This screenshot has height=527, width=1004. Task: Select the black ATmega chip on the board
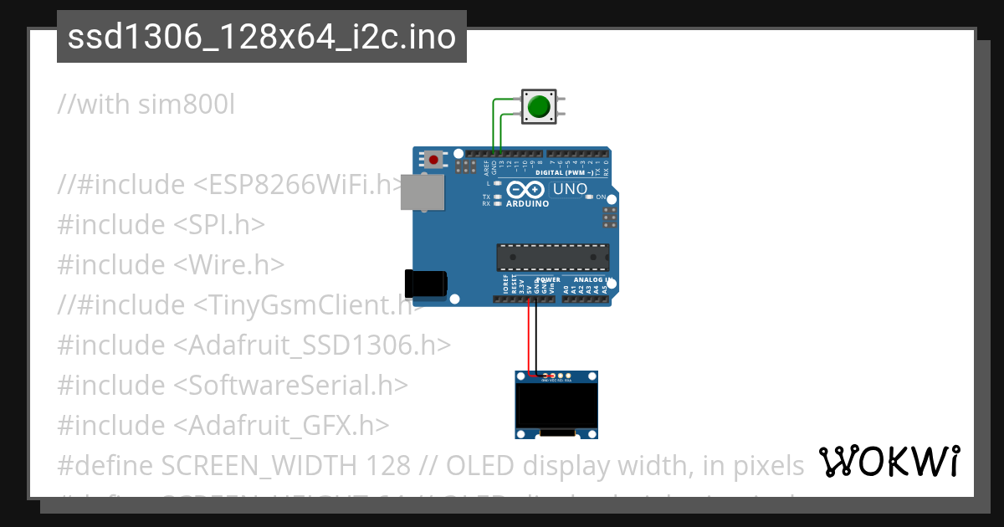tap(552, 258)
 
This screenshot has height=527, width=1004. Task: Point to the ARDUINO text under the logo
tap(527, 203)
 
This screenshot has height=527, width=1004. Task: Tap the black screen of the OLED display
tap(556, 405)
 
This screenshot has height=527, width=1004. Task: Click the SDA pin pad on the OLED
tap(569, 376)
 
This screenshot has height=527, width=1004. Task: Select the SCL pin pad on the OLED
tap(561, 376)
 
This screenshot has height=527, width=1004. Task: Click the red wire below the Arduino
tap(529, 335)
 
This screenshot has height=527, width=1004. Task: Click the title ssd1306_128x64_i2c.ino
tap(261, 38)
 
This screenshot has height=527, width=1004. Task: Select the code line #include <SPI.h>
tap(161, 224)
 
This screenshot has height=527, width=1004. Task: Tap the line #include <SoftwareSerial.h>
tap(233, 385)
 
